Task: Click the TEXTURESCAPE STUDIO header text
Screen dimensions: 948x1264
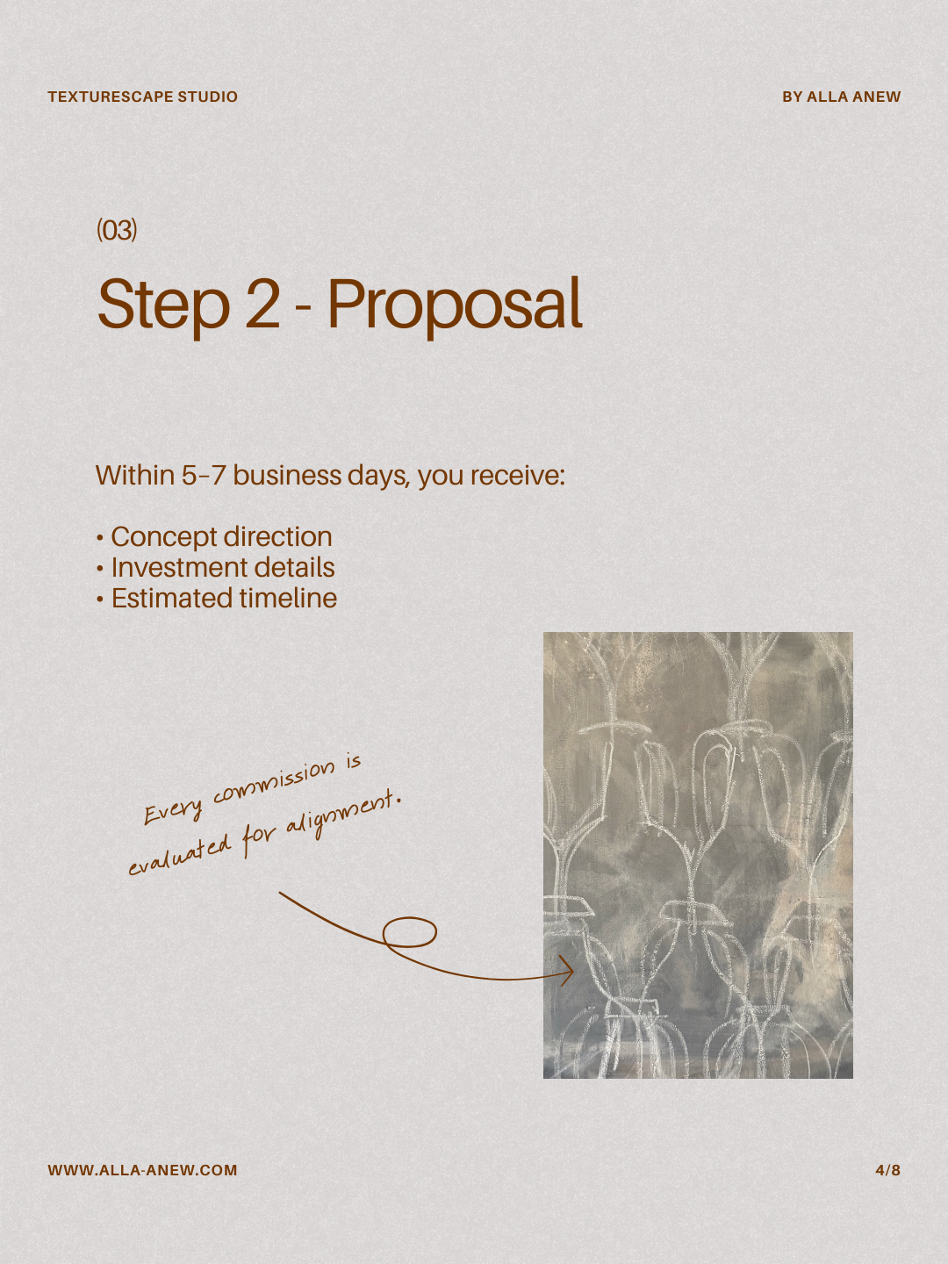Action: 143,97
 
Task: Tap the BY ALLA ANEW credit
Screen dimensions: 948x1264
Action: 841,97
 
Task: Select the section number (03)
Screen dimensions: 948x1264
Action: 117,230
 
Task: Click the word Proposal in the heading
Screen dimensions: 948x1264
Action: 455,305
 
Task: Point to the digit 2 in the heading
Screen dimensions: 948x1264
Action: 262,304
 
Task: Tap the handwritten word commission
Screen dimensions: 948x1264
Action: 273,783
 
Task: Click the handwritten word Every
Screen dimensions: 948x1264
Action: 173,813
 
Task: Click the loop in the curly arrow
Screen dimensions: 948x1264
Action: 410,931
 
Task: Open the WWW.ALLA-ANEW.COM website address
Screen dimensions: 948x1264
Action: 143,1170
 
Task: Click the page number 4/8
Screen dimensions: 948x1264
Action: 887,1170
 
